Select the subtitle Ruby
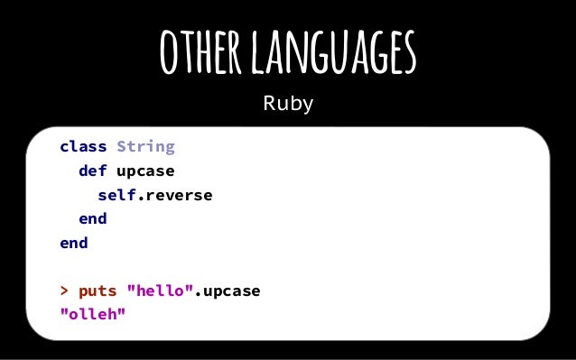(288, 104)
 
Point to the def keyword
(93, 171)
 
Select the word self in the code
(116, 195)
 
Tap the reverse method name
(179, 195)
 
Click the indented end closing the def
(93, 219)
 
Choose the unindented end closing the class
(74, 244)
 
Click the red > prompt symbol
(64, 292)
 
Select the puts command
(98, 292)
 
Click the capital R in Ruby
(269, 104)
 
